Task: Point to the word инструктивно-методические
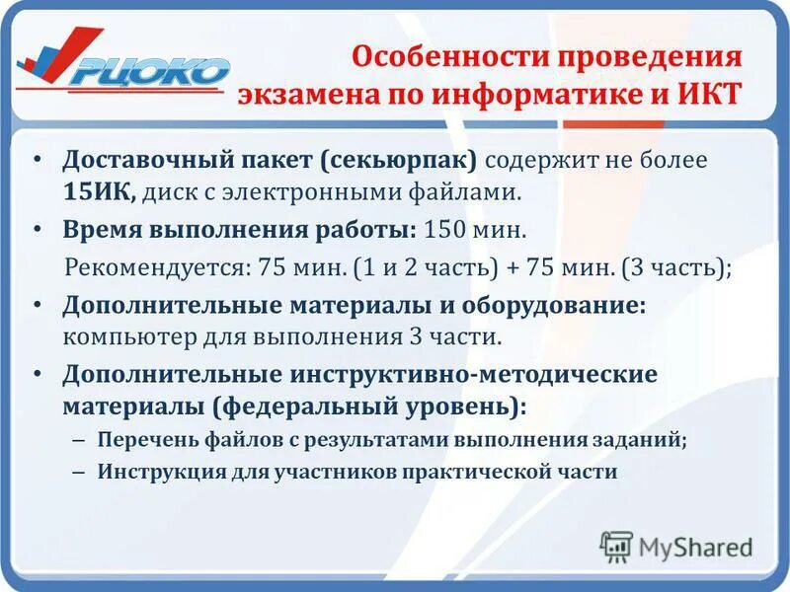tap(473, 376)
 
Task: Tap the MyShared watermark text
tap(695, 546)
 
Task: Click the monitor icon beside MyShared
tap(616, 546)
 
